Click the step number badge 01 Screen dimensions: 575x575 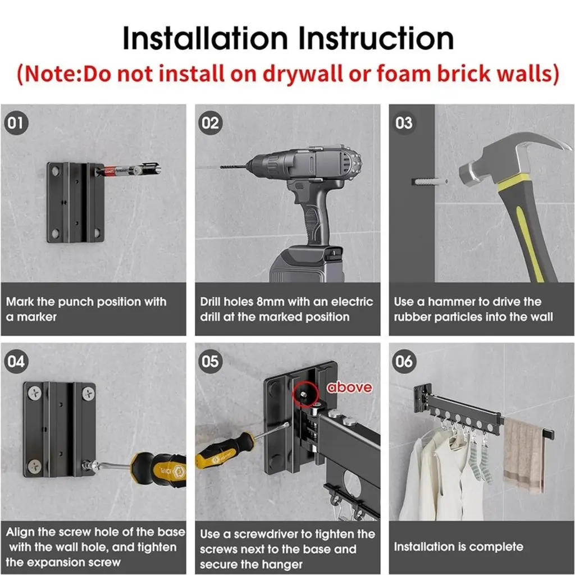pyautogui.click(x=16, y=123)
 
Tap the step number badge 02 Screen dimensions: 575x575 pyautogui.click(x=210, y=123)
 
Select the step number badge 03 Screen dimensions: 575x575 pyautogui.click(x=404, y=123)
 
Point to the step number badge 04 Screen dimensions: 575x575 pyautogui.click(x=16, y=362)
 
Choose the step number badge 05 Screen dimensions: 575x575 pyautogui.click(x=210, y=362)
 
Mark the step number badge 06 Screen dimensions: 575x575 pyautogui.click(x=404, y=362)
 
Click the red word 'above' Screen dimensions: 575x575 pyautogui.click(x=349, y=387)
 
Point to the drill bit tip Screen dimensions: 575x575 pyautogui.click(x=221, y=167)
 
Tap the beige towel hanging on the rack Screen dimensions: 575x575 pyautogui.click(x=524, y=455)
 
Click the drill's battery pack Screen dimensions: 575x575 pyautogui.click(x=307, y=265)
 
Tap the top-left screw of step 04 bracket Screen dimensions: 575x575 pyautogui.click(x=35, y=394)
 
